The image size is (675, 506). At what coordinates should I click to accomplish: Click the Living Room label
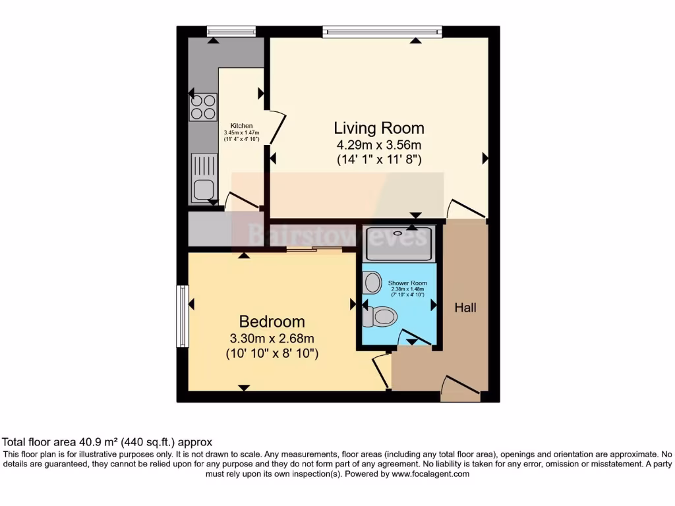379,128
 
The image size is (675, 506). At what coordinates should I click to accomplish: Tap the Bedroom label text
272,322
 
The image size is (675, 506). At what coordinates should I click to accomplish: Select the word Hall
465,308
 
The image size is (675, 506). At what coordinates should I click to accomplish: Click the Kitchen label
241,126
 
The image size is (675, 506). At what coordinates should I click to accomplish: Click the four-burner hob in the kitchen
204,107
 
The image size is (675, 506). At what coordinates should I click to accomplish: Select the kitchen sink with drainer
204,178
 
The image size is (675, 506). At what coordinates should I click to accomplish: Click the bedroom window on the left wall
183,316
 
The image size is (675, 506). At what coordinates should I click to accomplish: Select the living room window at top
382,30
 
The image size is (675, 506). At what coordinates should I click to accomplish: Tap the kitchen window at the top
231,30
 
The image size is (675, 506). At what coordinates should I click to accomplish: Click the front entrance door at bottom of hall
460,389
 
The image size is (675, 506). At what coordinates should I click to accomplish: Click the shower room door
415,337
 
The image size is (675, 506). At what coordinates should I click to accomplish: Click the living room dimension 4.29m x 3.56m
379,145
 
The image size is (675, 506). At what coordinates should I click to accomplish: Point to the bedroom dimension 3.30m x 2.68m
272,339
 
